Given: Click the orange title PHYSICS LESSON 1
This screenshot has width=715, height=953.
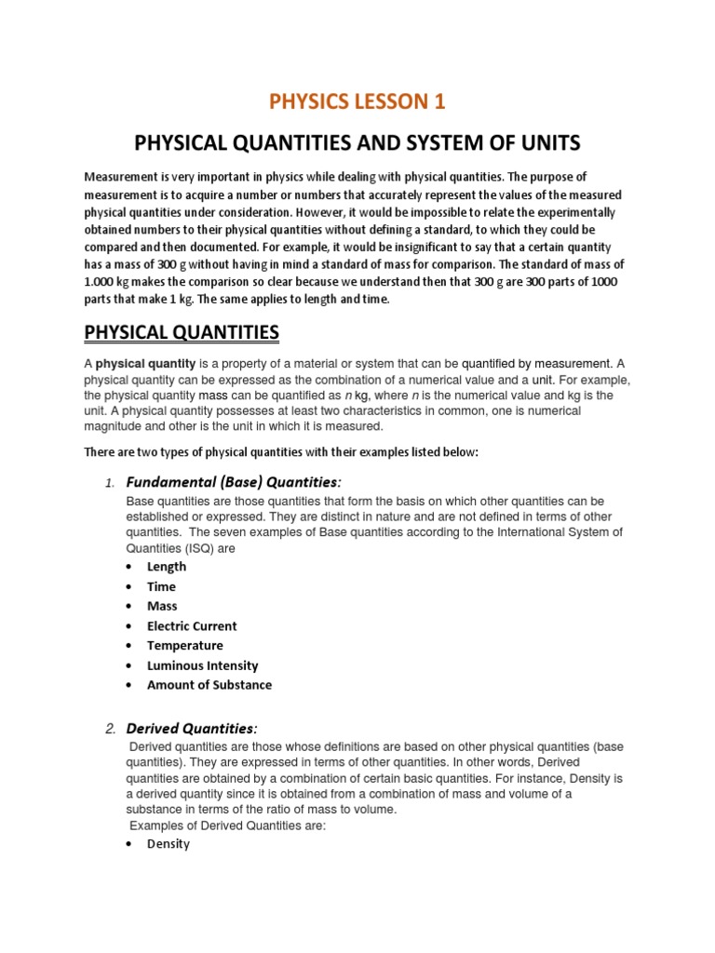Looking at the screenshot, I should [x=357, y=101].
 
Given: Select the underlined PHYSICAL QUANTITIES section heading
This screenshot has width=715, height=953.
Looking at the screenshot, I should [x=182, y=332].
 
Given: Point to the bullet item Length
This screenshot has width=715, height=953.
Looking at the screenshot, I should [x=167, y=566].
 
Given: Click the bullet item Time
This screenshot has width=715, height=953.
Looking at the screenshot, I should [x=161, y=586].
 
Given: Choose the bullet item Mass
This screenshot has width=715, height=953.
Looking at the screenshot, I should [x=162, y=606].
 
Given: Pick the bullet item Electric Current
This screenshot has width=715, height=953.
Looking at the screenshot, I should [x=192, y=625].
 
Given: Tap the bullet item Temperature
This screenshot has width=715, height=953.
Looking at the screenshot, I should [x=185, y=645].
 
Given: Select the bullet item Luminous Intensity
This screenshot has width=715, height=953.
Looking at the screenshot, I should [x=203, y=665].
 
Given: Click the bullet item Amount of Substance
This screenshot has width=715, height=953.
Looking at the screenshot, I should [x=209, y=685].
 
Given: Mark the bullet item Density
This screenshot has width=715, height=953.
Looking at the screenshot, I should [x=169, y=844].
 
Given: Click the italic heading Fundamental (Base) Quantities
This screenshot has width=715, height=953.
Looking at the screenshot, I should [x=234, y=481].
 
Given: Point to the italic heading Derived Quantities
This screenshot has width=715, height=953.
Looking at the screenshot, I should [x=191, y=728].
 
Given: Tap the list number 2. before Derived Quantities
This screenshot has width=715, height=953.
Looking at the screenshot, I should [x=110, y=729].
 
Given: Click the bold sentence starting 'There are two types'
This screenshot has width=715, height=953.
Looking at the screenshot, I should [x=281, y=451].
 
